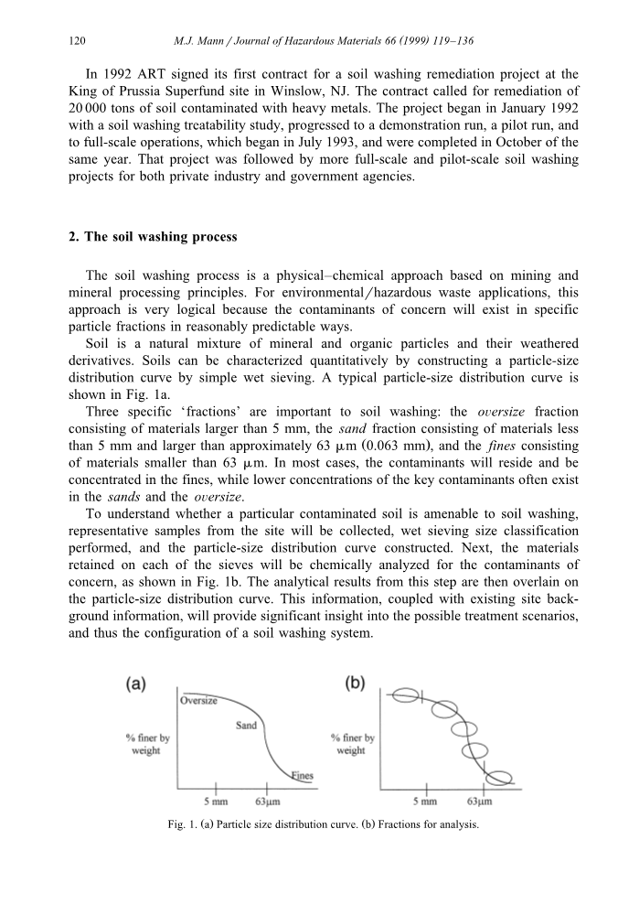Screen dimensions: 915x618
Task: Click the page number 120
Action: tap(77, 41)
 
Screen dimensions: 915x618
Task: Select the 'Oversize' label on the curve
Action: tap(197, 702)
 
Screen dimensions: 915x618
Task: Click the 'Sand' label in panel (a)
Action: tap(246, 726)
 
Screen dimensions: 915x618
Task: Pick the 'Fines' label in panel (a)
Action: tap(302, 776)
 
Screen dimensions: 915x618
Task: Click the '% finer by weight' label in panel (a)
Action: tap(145, 744)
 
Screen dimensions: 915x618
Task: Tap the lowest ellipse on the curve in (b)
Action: tap(499, 779)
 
